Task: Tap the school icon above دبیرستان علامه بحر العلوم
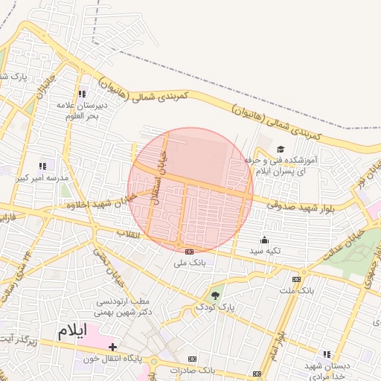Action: click(x=81, y=94)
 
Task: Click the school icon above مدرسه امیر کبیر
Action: click(x=42, y=166)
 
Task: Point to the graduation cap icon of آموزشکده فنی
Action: click(x=281, y=150)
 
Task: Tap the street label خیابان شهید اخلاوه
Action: click(x=92, y=203)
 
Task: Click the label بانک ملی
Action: click(x=189, y=263)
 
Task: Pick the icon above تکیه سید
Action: click(x=264, y=240)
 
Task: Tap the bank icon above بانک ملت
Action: click(x=296, y=279)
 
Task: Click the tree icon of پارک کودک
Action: click(x=216, y=295)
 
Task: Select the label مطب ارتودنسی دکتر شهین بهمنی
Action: click(x=125, y=307)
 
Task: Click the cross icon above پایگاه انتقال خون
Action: click(x=112, y=347)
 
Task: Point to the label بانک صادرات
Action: click(x=192, y=370)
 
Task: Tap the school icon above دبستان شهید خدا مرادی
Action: click(x=326, y=354)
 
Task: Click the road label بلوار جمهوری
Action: click(x=370, y=272)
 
